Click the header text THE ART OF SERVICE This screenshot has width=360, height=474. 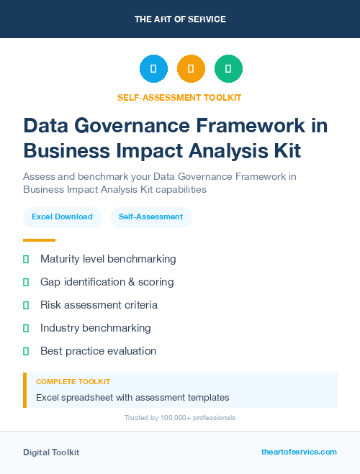pos(180,19)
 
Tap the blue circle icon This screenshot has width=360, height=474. pos(153,69)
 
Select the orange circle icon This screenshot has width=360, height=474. pos(191,69)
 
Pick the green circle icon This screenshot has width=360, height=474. pos(228,69)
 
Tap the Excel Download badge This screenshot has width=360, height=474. pos(62,217)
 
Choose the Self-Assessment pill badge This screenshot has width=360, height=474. pos(150,217)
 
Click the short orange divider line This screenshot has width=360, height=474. pos(39,240)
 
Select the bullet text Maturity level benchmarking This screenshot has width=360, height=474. pos(108,259)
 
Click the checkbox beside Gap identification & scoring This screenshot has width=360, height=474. pos(26,282)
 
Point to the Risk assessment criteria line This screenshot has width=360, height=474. pos(99,305)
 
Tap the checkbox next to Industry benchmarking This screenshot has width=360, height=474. pos(26,328)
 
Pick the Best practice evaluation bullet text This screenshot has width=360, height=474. pos(98,351)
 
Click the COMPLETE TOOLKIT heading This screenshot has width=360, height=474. pos(73,381)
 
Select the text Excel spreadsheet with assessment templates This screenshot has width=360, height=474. pos(132,397)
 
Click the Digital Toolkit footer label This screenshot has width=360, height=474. pos(51,452)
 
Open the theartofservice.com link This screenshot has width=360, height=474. pos(299,452)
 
